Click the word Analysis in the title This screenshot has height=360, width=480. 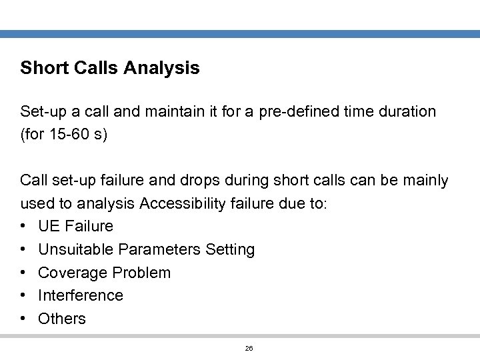(162, 68)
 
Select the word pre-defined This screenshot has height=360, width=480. (305, 111)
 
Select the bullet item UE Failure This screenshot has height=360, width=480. (75, 226)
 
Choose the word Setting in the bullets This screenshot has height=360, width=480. (230, 249)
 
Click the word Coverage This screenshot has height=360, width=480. (73, 273)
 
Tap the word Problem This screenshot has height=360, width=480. (141, 273)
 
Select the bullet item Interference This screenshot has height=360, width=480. (81, 295)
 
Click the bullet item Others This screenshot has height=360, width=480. (62, 319)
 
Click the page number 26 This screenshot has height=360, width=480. (249, 349)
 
